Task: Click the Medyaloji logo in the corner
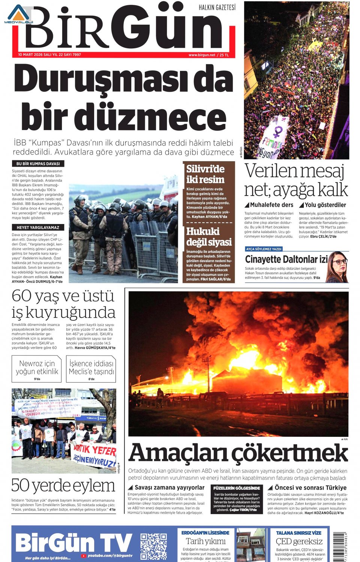tap(19, 15)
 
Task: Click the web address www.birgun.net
tap(202, 55)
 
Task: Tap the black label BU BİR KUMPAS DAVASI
tap(38, 164)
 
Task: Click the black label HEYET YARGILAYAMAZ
tap(38, 227)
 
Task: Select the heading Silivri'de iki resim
tap(205, 174)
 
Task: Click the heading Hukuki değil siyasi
tap(208, 236)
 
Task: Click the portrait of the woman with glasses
tap(339, 267)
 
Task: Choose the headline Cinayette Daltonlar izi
tap(286, 259)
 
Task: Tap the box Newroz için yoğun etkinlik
tap(37, 369)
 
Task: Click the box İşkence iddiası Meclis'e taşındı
tap(91, 369)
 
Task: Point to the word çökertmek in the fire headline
tap(289, 453)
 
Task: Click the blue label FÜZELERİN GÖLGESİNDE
tap(237, 488)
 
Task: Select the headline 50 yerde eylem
tap(63, 486)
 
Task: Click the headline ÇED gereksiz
tap(299, 541)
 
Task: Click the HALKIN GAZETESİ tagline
tap(217, 7)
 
